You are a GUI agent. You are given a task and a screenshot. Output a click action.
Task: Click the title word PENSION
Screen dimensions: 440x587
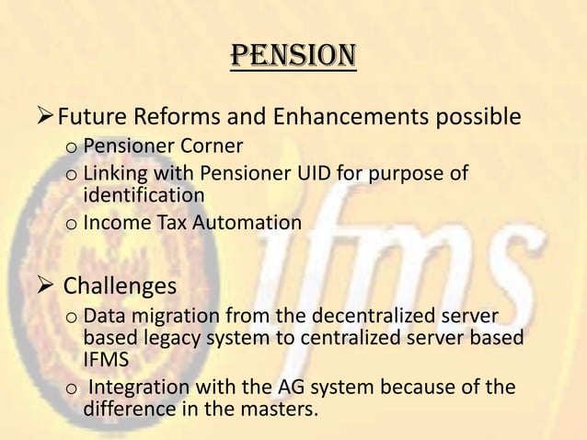(293, 57)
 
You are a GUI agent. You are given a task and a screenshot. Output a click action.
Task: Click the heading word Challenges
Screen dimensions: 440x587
(119, 285)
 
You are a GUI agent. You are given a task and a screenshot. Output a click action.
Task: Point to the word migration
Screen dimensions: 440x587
(171, 318)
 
